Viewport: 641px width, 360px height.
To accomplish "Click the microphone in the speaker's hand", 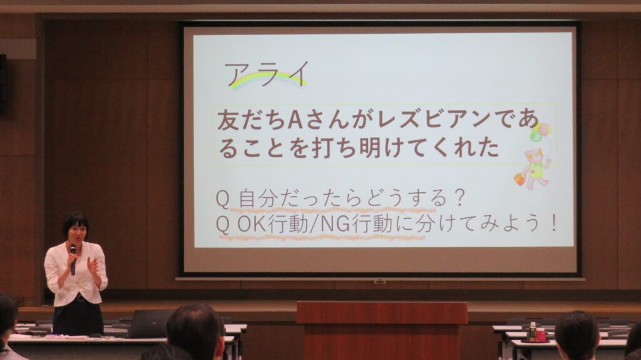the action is (x=73, y=260).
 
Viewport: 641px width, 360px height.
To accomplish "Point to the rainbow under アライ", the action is (x=268, y=78).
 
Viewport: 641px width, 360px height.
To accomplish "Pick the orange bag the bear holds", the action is (x=520, y=179).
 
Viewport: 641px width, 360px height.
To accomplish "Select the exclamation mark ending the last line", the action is (x=554, y=224).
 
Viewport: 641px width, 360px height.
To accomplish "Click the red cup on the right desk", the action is (x=541, y=335).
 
